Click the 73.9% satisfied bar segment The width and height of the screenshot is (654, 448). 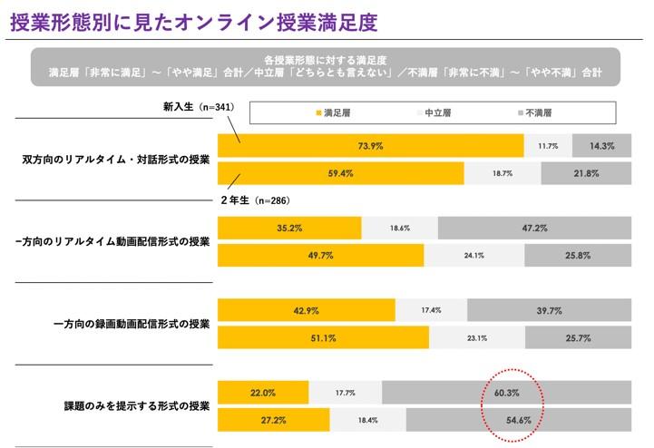pos(371,145)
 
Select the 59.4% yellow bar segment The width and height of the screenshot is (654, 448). pos(341,173)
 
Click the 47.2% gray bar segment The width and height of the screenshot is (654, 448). pos(534,229)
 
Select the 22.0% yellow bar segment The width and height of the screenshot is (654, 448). pos(263,393)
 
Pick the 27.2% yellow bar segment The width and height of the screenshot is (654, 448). pos(274,422)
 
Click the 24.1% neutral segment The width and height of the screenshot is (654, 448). pos(473,256)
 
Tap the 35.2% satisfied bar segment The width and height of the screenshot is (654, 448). pos(289,229)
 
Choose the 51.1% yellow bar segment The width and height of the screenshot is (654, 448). pos(324,338)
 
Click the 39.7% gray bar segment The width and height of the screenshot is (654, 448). pos(552,311)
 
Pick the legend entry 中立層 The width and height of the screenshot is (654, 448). pos(434,113)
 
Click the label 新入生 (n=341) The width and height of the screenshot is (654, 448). pos(199,107)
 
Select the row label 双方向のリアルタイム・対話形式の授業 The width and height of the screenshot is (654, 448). pos(116,159)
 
